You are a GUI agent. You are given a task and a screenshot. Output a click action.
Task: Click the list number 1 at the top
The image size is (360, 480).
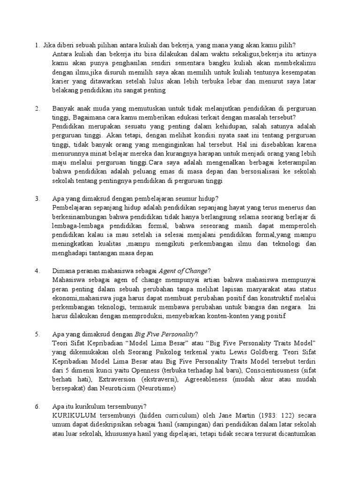click(37, 45)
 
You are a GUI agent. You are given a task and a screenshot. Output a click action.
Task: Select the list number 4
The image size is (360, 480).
click(37, 271)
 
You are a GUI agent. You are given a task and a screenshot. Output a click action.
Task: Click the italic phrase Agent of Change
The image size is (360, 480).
click(183, 271)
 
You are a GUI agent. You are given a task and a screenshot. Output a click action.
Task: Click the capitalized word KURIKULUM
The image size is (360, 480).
click(73, 415)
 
